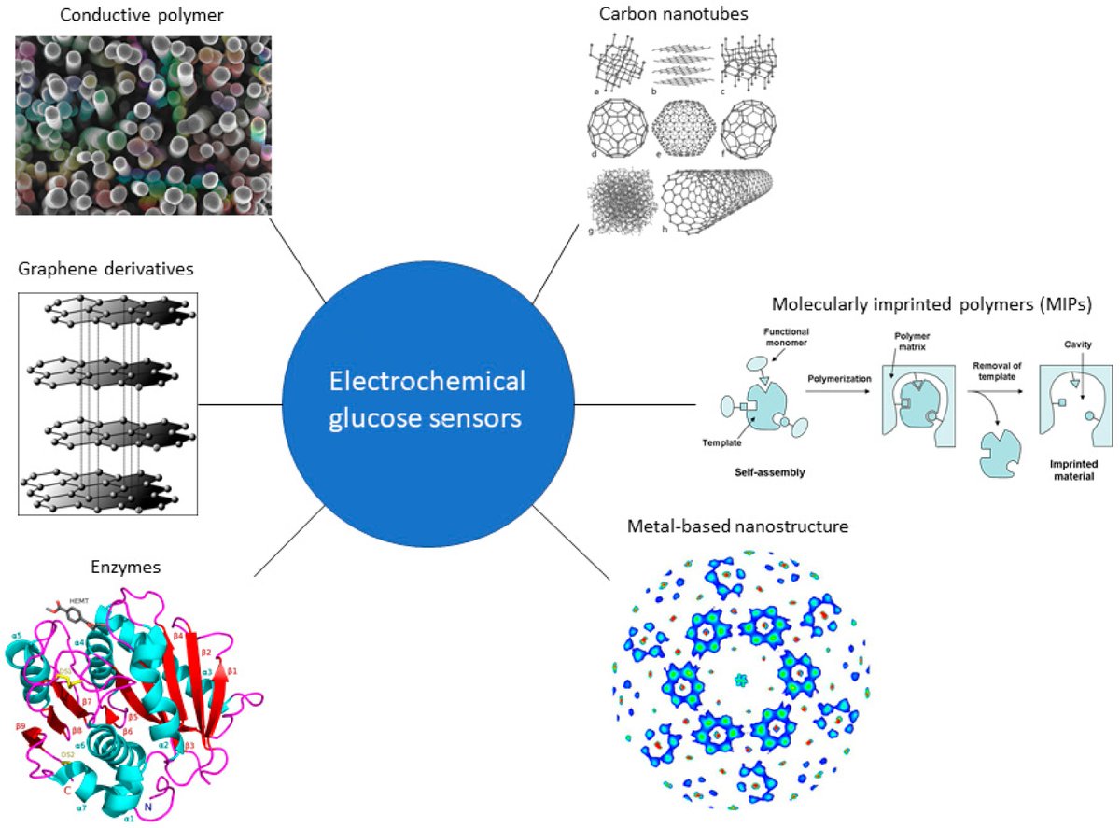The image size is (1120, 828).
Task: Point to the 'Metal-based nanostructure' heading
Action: (738, 527)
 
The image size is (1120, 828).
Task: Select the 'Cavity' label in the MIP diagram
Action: (1078, 344)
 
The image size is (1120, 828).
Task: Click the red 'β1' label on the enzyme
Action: (233, 671)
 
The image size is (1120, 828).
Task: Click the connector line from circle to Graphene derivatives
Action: (240, 404)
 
